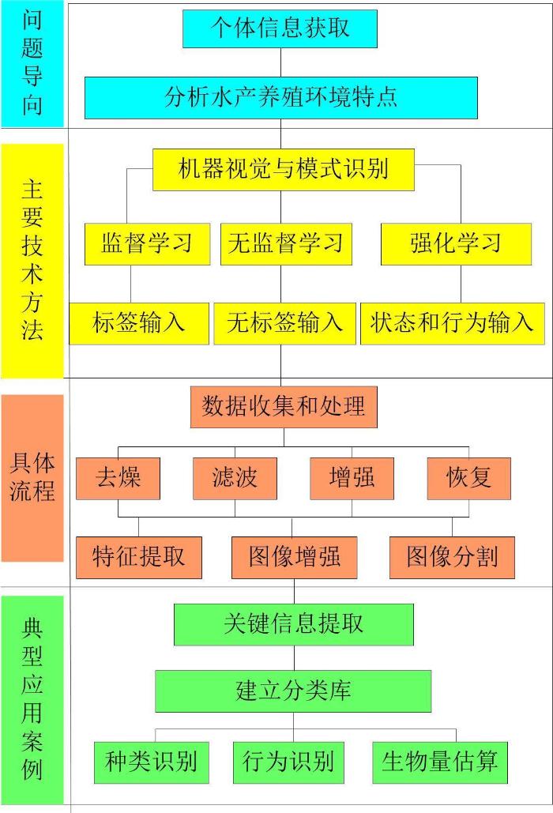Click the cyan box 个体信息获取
coord(280,28)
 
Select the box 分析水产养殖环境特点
coord(281,98)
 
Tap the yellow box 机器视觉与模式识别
coord(283,170)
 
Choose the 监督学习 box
coord(147,244)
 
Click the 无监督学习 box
coord(286,244)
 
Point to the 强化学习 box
coord(456,244)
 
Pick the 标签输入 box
coord(139,324)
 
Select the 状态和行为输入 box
coord(453,324)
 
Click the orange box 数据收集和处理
coord(284,407)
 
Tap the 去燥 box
coord(118,479)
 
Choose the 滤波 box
coord(235,479)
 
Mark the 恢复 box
coord(469,479)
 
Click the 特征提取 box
coord(139,558)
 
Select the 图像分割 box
coord(452,558)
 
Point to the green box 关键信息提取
coord(294,625)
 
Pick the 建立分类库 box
coord(293,691)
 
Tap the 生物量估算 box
coord(440,762)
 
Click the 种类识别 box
coord(152,762)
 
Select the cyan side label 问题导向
coord(32,63)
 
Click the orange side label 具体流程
coord(32,478)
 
